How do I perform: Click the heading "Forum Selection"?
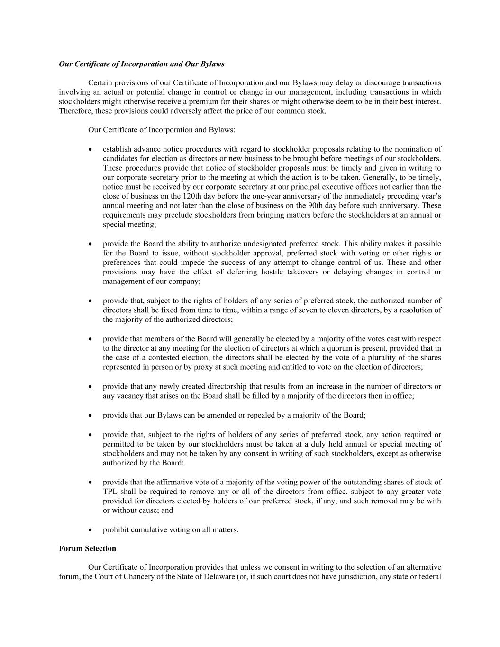point(87,548)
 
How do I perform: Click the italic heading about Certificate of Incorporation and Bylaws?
point(141,64)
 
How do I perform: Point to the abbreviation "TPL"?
point(110,492)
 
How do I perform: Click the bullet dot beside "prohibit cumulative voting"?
point(91,530)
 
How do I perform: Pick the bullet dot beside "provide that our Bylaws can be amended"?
point(91,416)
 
